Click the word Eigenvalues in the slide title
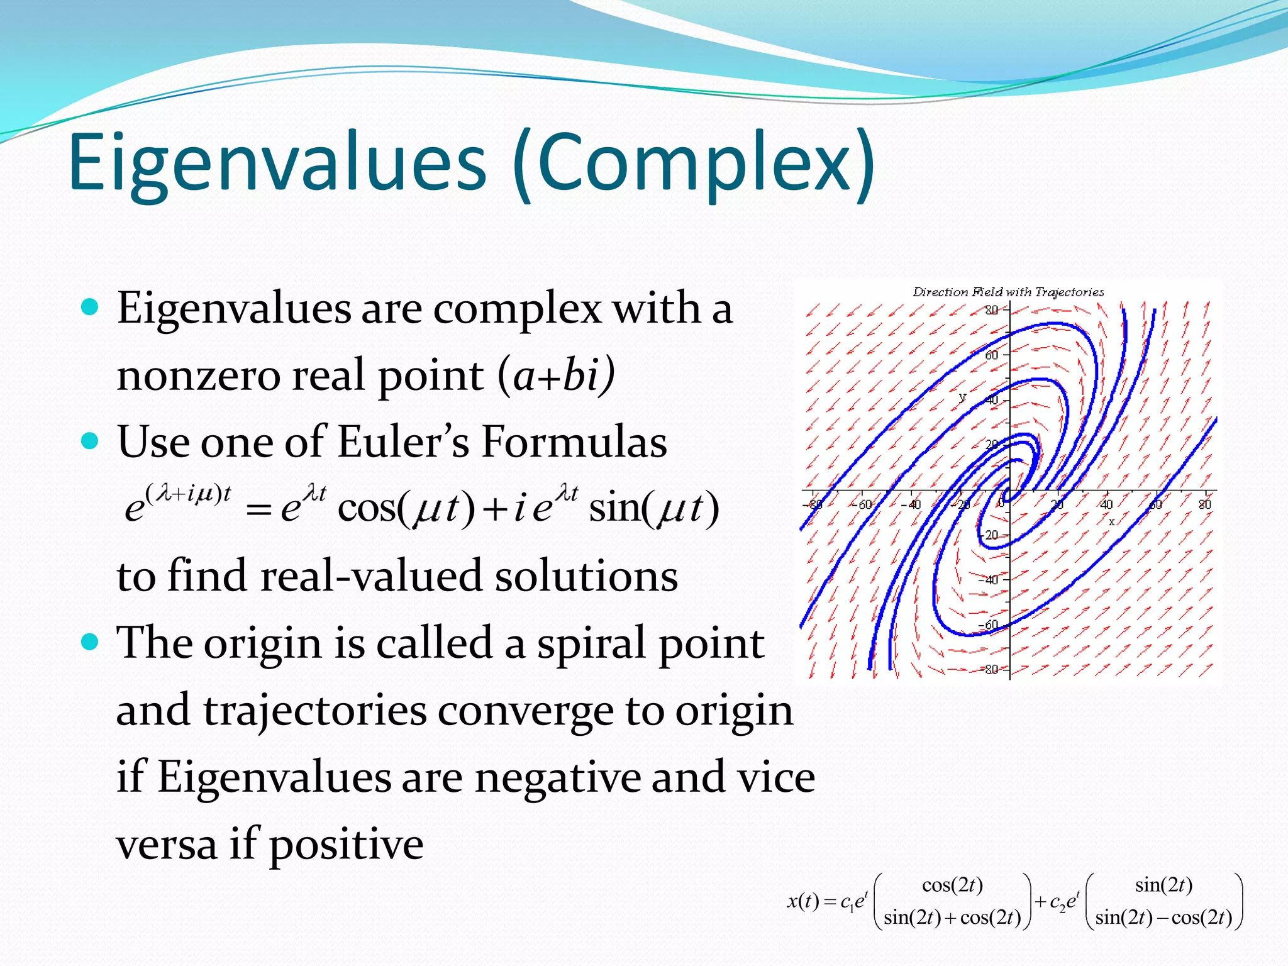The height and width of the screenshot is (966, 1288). coord(277,162)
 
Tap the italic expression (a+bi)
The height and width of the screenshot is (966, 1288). coord(556,375)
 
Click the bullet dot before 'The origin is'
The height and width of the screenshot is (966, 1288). coord(91,641)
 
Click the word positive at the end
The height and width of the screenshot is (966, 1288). coord(346,845)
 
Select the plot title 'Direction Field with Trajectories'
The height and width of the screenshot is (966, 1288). coord(1008,292)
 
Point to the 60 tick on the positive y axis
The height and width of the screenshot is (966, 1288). coord(992,355)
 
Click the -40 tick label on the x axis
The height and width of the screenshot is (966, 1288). coord(910,504)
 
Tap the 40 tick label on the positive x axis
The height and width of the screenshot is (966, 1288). coord(1106,504)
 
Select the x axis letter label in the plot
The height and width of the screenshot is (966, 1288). coord(1111,521)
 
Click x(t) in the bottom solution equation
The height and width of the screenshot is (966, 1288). coord(803,902)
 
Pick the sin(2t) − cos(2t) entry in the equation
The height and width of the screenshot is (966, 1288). coord(1163,918)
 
